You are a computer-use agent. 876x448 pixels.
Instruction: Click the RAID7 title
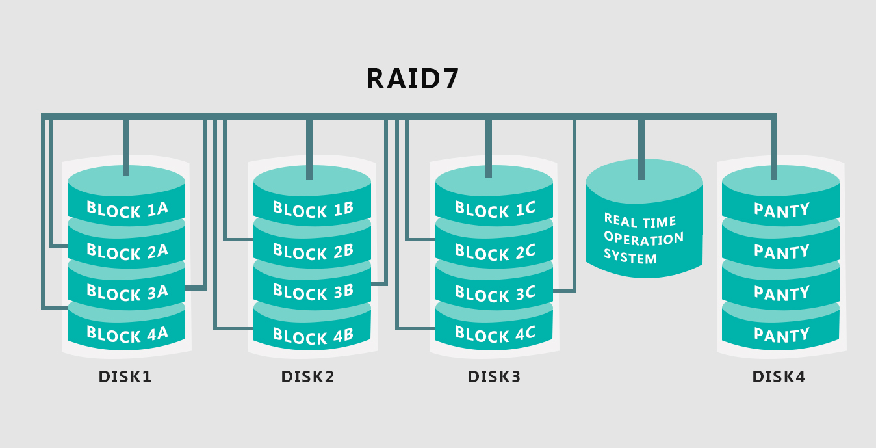point(413,79)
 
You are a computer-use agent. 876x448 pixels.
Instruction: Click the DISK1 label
point(125,376)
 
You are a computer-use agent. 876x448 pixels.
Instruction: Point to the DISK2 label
point(308,376)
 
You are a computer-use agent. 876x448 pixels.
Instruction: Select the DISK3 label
point(495,376)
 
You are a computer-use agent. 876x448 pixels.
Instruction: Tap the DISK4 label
point(779,376)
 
